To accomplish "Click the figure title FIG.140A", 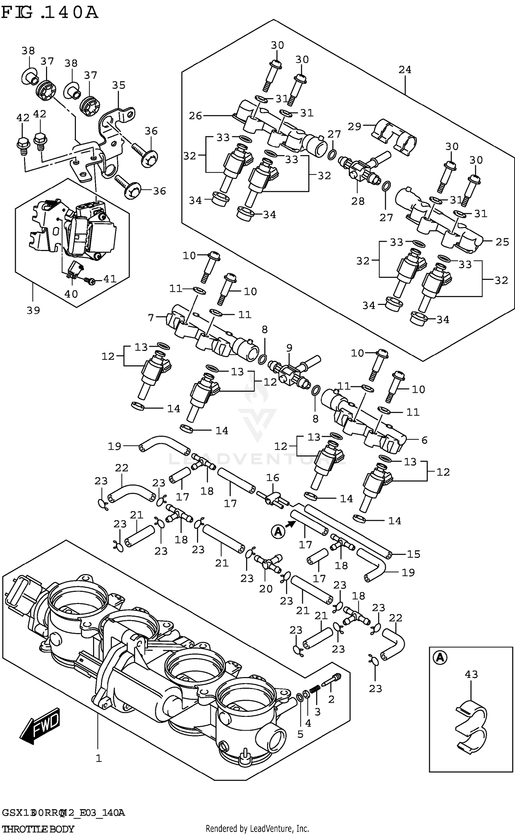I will (50, 13).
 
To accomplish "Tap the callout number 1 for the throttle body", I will (99, 758).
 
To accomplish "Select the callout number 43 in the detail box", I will (471, 674).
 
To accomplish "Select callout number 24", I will (405, 70).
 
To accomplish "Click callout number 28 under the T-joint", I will (358, 201).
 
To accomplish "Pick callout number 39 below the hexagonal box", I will (33, 310).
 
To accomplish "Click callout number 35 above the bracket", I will (119, 85).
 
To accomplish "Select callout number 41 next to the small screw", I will (110, 279).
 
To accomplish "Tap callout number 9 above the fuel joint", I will (289, 348).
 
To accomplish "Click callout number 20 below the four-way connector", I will (266, 589).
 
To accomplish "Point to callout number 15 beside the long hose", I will (413, 554).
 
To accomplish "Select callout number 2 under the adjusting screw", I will (331, 699).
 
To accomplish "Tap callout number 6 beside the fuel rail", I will (424, 440).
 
